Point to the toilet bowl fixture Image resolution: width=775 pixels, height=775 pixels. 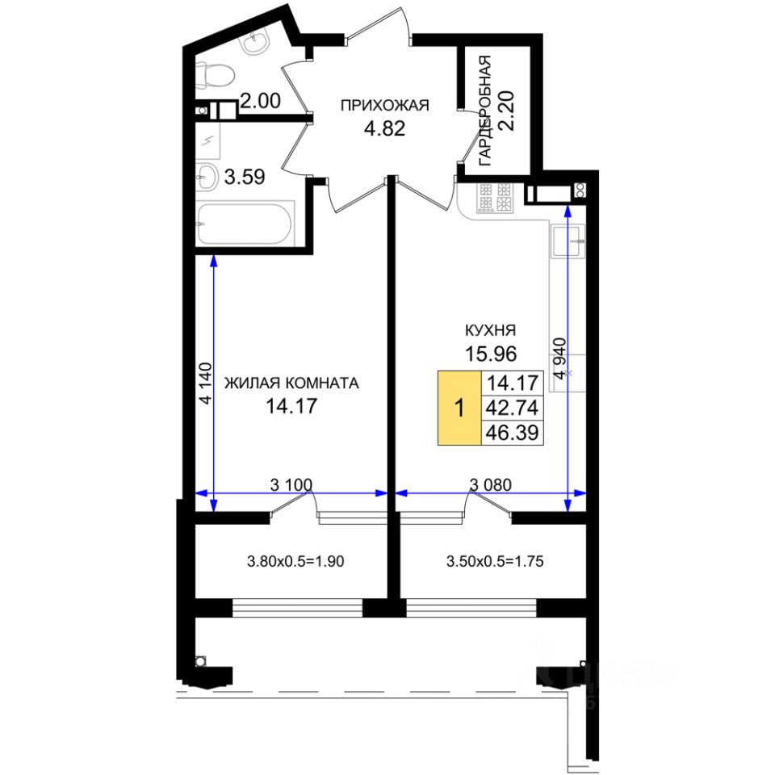(216, 76)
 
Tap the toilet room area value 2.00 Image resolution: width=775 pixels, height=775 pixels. (261, 102)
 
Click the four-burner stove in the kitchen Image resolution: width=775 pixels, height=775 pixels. (496, 199)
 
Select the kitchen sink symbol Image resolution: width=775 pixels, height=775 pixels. (572, 240)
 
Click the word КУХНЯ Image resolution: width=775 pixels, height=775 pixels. (490, 329)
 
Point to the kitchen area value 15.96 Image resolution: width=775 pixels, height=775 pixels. (490, 353)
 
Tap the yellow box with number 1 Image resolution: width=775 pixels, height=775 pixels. (459, 408)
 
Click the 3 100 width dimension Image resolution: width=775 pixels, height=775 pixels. (291, 484)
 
